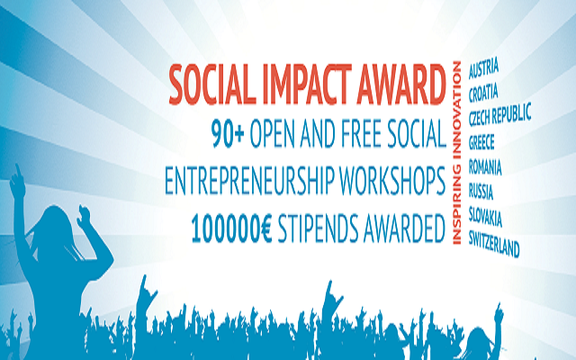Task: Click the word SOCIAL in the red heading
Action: point(212,85)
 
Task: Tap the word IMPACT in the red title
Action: point(308,85)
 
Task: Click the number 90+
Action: point(228,132)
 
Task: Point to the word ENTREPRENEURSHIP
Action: point(250,181)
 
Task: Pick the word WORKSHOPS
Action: point(392,181)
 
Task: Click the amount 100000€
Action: point(231,229)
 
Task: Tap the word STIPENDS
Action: point(318,229)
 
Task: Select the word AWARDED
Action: point(404,229)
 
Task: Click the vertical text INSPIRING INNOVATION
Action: point(456,153)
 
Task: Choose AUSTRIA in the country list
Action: point(483,68)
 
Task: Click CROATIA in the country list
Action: point(483,93)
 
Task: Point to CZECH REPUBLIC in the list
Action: point(500,114)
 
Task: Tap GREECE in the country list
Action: point(481,142)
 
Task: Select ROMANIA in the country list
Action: point(485,166)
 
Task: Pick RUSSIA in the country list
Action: point(481,192)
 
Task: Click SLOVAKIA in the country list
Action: point(485,217)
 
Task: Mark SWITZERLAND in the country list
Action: point(494,244)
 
